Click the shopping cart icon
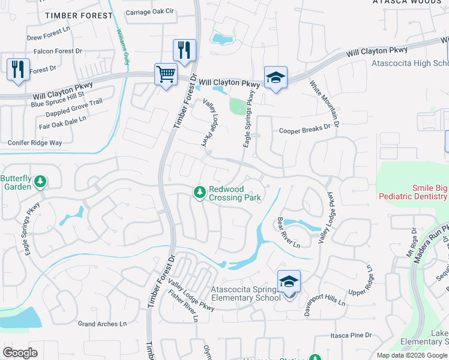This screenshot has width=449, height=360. (x=165, y=74)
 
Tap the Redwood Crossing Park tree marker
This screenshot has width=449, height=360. (x=199, y=192)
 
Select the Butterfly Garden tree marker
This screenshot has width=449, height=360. (x=40, y=181)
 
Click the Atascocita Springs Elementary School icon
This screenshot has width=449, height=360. (x=289, y=281)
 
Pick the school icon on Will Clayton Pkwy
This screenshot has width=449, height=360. (x=276, y=77)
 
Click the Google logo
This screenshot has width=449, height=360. (x=20, y=353)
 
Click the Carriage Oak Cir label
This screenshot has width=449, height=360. (x=149, y=11)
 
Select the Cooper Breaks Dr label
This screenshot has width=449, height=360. (x=305, y=128)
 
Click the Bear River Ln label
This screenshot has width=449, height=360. (x=288, y=232)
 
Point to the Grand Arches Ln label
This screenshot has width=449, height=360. (x=103, y=324)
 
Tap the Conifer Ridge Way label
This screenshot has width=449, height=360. (x=35, y=143)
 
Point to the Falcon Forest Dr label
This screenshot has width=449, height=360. (x=58, y=52)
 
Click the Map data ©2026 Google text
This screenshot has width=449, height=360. (x=411, y=355)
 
